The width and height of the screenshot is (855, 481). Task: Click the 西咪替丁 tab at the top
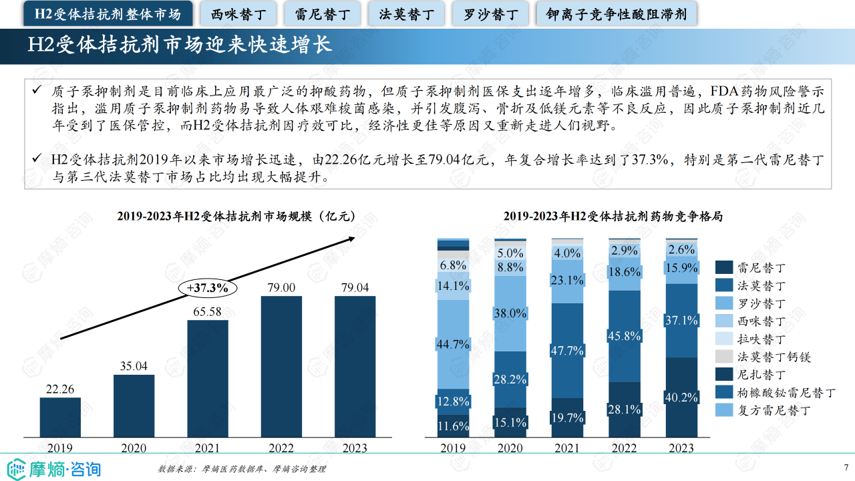238,13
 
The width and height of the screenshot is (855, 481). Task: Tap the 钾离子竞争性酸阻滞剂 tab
616,13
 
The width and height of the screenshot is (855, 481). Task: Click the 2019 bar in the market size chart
60,418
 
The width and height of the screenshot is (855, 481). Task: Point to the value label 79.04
355,287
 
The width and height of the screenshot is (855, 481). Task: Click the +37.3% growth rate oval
208,289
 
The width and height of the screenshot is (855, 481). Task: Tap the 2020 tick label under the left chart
134,448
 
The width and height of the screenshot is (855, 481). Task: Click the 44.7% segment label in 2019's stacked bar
453,345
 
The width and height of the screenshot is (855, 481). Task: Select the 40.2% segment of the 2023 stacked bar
681,397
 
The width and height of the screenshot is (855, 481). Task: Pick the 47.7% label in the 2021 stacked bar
567,350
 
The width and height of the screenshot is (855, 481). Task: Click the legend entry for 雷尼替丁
760,268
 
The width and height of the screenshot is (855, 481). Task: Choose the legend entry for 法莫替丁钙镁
773,357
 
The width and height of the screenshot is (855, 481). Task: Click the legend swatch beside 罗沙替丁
724,303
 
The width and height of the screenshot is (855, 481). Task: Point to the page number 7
846,468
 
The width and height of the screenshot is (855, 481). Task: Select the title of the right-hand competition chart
613,216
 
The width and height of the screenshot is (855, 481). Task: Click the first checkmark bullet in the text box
37,90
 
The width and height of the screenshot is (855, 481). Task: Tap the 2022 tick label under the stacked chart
624,448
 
